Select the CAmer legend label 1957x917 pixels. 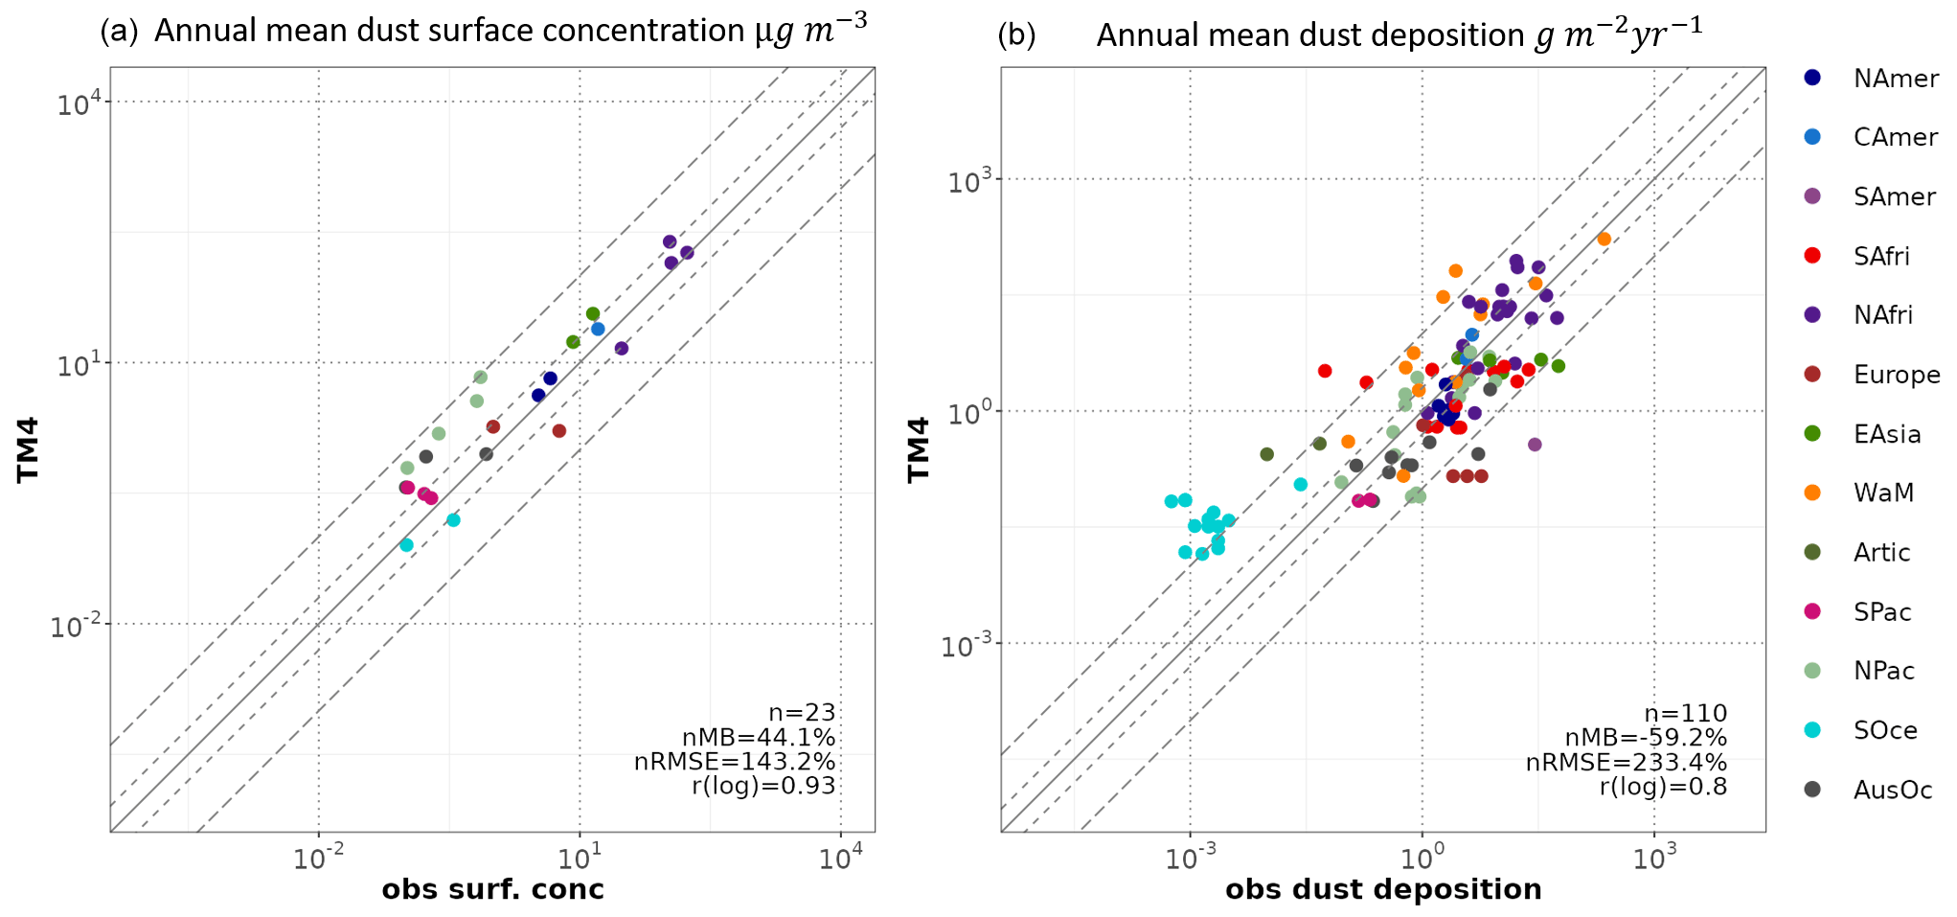pyautogui.click(x=1895, y=137)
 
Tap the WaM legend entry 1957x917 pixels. pyautogui.click(x=1883, y=493)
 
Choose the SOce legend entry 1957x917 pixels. pyautogui.click(x=1884, y=730)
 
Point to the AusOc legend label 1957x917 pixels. pyautogui.click(x=1892, y=790)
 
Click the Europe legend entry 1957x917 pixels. pyautogui.click(x=1896, y=375)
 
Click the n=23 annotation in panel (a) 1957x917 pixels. pyautogui.click(x=802, y=713)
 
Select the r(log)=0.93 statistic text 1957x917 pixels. pyautogui.click(x=763, y=787)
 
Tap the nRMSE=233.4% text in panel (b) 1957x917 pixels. pyautogui.click(x=1626, y=763)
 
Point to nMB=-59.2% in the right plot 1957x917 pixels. pyautogui.click(x=1645, y=738)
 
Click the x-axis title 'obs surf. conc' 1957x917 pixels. pyautogui.click(x=492, y=889)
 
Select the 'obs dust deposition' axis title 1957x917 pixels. pyautogui.click(x=1382, y=889)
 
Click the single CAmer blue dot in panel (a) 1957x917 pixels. pyautogui.click(x=598, y=329)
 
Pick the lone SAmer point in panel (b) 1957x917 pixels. pyautogui.click(x=1535, y=445)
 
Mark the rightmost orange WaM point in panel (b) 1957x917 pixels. pyautogui.click(x=1604, y=240)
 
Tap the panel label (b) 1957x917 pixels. pyautogui.click(x=1016, y=35)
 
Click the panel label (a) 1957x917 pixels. pyautogui.click(x=119, y=32)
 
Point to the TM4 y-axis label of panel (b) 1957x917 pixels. pyautogui.click(x=919, y=448)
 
